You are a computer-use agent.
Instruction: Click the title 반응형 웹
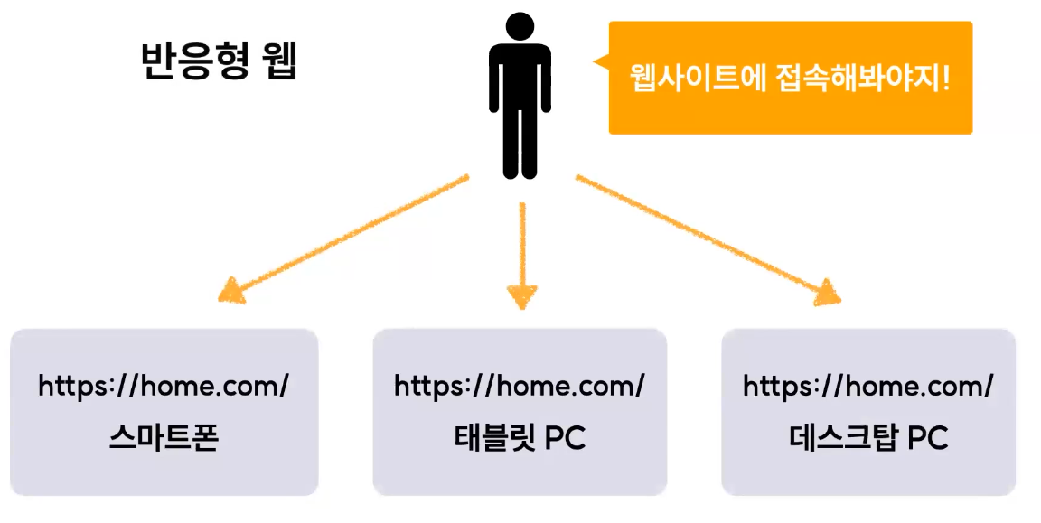pyautogui.click(x=220, y=62)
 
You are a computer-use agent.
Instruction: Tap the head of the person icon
pyautogui.click(x=520, y=26)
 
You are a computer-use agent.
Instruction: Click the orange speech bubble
pyautogui.click(x=790, y=78)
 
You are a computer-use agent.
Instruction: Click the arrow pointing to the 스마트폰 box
pyautogui.click(x=343, y=237)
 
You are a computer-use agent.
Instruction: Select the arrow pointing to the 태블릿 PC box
pyautogui.click(x=521, y=253)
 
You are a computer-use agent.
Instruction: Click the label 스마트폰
pyautogui.click(x=164, y=438)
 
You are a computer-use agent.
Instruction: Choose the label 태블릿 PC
pyautogui.click(x=520, y=438)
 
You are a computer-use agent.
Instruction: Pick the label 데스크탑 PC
pyautogui.click(x=868, y=438)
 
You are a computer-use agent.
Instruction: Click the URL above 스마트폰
pyautogui.click(x=164, y=387)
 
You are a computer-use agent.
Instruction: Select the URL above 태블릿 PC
pyautogui.click(x=520, y=387)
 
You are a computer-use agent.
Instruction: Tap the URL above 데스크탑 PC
pyautogui.click(x=868, y=387)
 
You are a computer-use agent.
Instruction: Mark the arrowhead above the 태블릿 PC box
pyautogui.click(x=521, y=296)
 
